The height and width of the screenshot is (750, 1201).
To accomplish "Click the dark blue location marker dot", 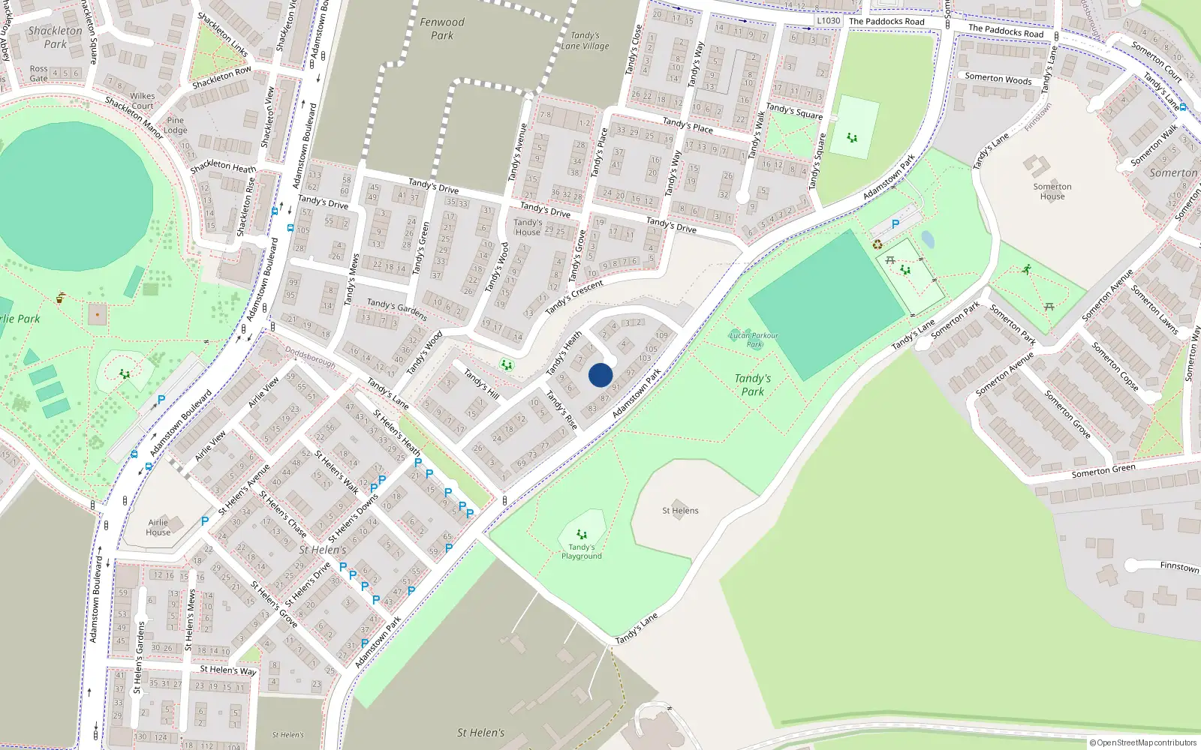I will tap(600, 375).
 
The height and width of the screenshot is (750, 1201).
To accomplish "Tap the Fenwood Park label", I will tap(442, 28).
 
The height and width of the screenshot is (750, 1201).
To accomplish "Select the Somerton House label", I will tap(1052, 191).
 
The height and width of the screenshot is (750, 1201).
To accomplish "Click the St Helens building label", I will tap(680, 510).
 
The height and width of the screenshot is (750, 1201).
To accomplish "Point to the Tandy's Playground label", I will tap(581, 551).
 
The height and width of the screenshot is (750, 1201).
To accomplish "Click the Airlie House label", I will tap(158, 527).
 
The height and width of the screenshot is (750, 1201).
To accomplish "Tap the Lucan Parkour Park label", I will tap(754, 340).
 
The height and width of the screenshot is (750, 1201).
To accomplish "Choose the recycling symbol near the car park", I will tap(877, 244).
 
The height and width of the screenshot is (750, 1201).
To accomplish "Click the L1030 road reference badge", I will tap(828, 20).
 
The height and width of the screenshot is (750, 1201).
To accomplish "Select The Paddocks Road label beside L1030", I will tap(886, 22).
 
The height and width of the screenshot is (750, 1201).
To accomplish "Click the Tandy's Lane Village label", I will tap(585, 40).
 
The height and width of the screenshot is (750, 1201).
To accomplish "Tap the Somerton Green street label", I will tap(1103, 470).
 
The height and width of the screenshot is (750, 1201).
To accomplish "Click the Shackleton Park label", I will tap(56, 37).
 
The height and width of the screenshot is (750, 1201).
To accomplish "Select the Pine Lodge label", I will tap(176, 124).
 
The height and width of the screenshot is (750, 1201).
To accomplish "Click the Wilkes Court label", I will tap(143, 100).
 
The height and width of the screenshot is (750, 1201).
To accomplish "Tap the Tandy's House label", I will tap(528, 227).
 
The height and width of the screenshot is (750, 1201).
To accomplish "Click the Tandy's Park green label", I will tap(752, 385).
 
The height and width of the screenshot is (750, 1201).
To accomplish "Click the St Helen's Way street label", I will tap(228, 670).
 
